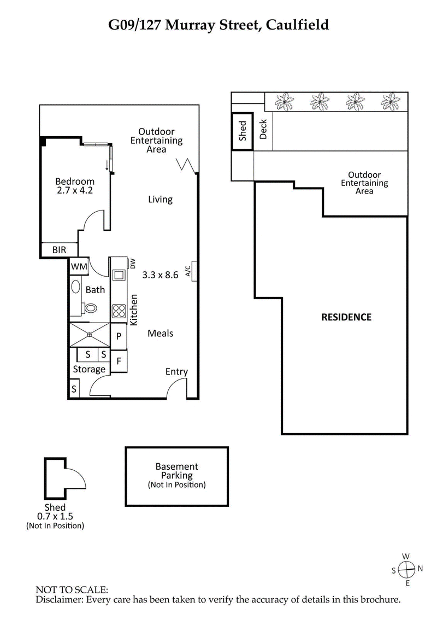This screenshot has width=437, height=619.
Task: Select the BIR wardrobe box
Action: (x=59, y=250)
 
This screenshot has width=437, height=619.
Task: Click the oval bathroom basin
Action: (x=75, y=288)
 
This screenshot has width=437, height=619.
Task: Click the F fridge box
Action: (x=119, y=361)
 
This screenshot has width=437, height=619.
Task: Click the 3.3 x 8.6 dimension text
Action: (x=160, y=275)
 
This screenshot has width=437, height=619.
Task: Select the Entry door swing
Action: (x=176, y=388)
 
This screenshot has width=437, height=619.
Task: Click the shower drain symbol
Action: (x=90, y=335)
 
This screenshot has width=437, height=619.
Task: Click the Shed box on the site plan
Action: (x=243, y=132)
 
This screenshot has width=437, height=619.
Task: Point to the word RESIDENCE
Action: (x=346, y=317)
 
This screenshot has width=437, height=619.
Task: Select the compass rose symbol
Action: (x=406, y=570)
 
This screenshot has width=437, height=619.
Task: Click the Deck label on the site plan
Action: (x=263, y=129)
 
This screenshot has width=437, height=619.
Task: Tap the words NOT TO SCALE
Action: (x=72, y=590)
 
